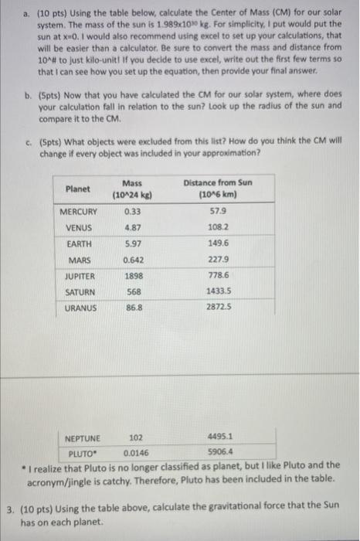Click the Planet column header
click(x=77, y=188)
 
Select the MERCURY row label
click(x=79, y=212)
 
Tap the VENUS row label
click(x=80, y=228)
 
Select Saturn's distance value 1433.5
click(x=217, y=291)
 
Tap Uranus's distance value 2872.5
click(x=217, y=308)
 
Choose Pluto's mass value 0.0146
click(x=136, y=454)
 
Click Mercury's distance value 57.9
click(x=217, y=212)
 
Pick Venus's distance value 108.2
click(x=217, y=228)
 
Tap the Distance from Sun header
click(x=218, y=188)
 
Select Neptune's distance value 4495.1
click(x=219, y=437)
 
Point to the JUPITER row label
click(x=80, y=275)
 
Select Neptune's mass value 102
click(x=136, y=437)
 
